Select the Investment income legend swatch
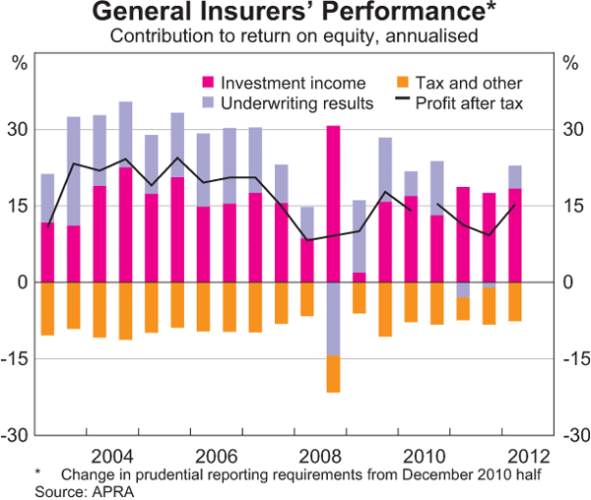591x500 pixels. (x=208, y=84)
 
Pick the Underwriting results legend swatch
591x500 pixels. (x=208, y=102)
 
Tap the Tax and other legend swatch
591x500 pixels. (x=400, y=84)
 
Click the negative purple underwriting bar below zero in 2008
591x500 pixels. (x=333, y=319)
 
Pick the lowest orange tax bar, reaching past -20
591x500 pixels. (x=333, y=374)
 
